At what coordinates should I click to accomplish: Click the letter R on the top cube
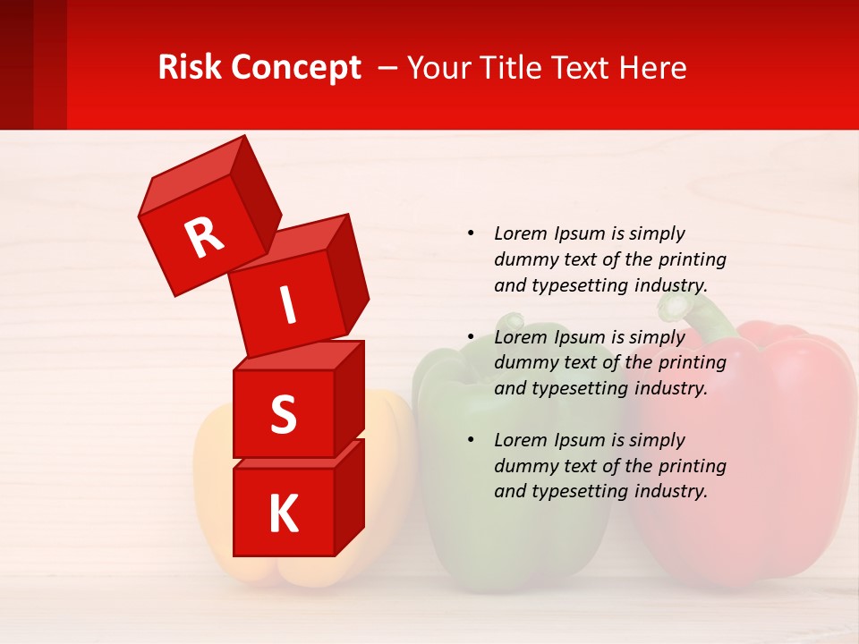click(x=205, y=237)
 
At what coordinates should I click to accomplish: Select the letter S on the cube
click(x=283, y=415)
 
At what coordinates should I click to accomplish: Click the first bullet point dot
click(x=471, y=233)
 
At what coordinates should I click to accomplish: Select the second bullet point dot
click(x=471, y=337)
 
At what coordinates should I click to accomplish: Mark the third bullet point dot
click(x=471, y=440)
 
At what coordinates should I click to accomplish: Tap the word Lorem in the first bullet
click(x=520, y=233)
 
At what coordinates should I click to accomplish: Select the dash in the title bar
click(x=389, y=67)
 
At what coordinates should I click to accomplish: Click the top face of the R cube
click(x=191, y=178)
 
